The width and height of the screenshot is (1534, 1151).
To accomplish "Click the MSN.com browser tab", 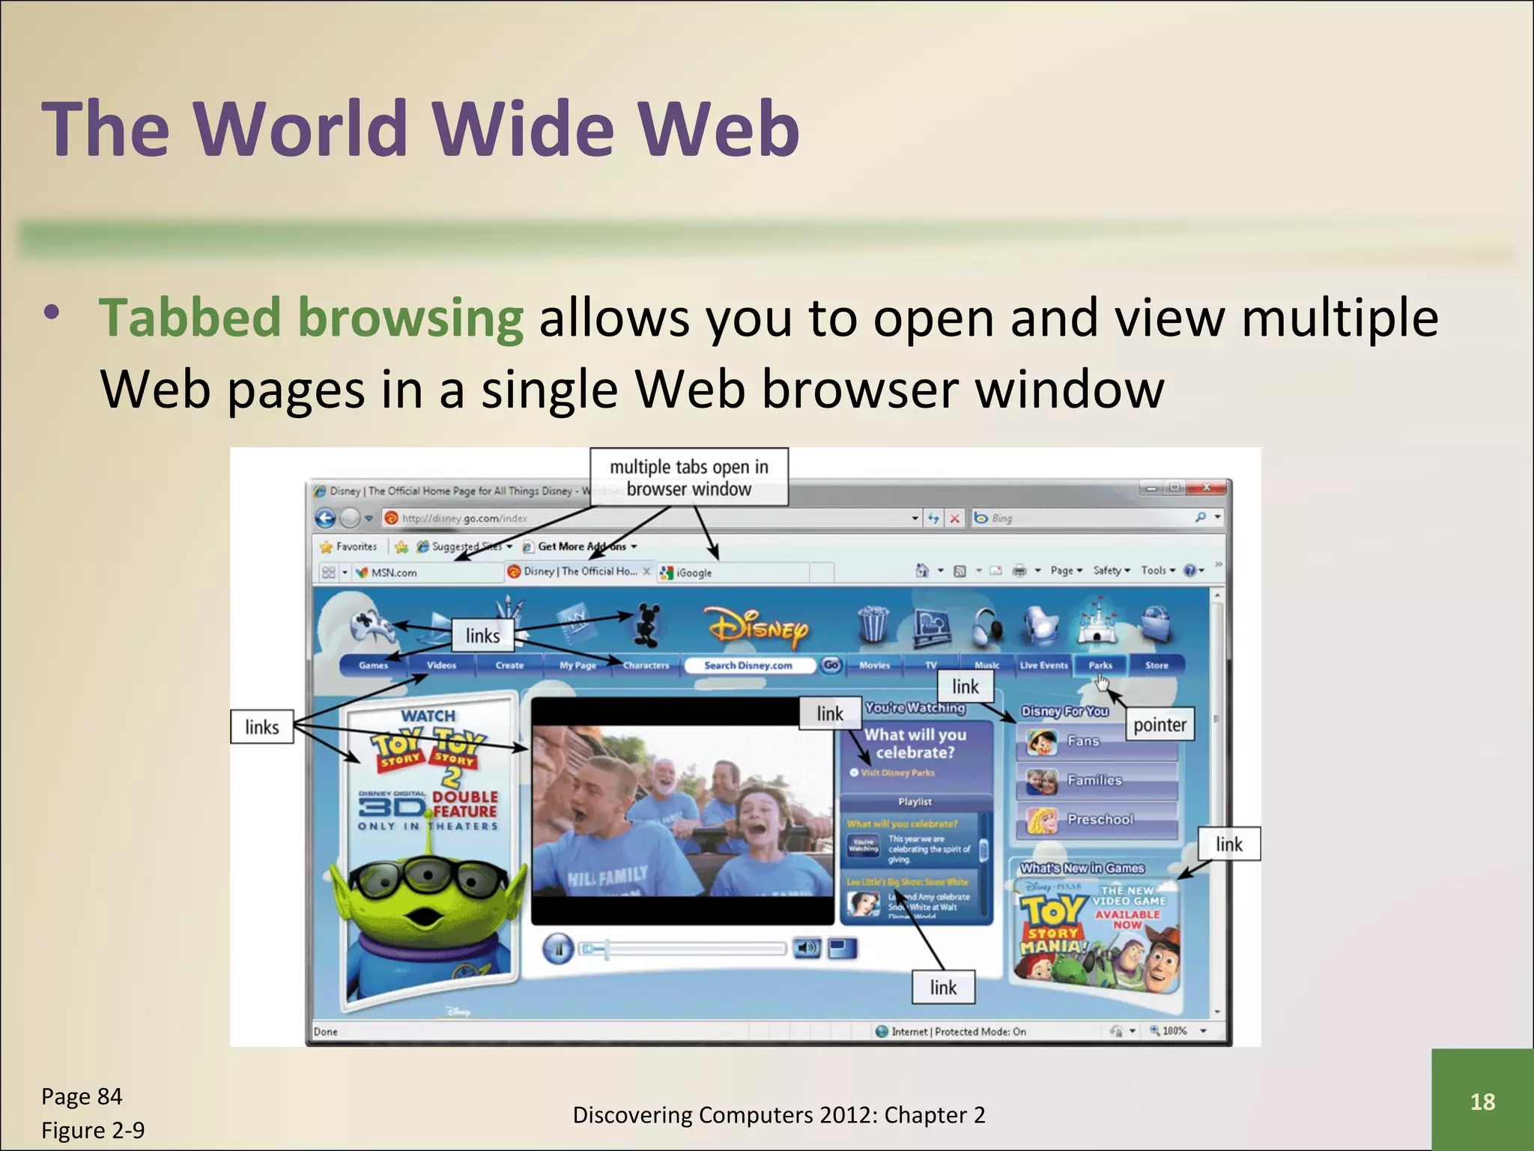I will point(394,573).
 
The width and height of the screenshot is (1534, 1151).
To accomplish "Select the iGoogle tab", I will point(694,573).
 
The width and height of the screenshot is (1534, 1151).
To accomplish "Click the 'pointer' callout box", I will point(1159,725).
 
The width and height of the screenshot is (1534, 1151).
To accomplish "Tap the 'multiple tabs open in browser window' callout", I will point(689,477).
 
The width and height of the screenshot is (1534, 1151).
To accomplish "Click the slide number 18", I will point(1482,1101).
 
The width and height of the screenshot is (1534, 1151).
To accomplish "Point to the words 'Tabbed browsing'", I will point(311,318).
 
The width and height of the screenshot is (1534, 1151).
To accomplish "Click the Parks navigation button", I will point(1100,665).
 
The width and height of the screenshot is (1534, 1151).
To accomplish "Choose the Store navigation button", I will point(1156,665).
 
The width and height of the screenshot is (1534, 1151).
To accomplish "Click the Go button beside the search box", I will point(831,665).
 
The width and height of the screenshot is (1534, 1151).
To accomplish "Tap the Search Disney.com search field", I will point(748,665).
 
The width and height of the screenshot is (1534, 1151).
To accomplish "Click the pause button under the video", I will point(558,949).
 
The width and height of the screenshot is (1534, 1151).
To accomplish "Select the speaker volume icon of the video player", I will point(807,949).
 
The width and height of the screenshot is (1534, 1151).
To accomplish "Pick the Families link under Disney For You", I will point(1094,781).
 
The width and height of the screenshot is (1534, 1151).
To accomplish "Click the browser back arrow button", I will point(325,518).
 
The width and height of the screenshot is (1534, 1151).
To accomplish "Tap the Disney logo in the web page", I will point(757,626).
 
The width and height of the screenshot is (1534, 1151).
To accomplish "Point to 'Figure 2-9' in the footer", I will point(93,1130).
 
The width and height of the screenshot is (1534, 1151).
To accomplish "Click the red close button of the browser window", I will point(1207,488).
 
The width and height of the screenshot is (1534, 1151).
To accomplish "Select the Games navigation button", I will point(373,665).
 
